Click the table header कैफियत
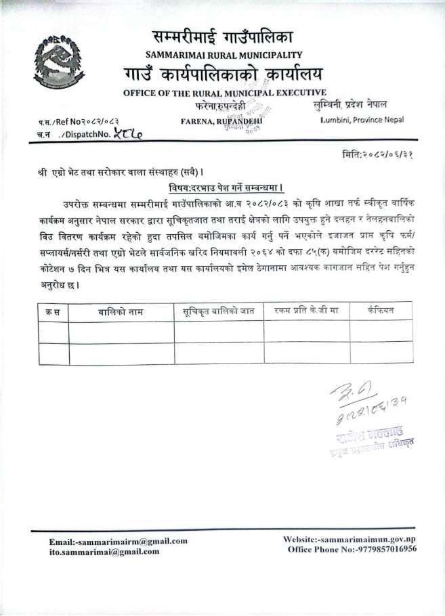tap(380, 311)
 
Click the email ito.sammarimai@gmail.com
tap(104, 552)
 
